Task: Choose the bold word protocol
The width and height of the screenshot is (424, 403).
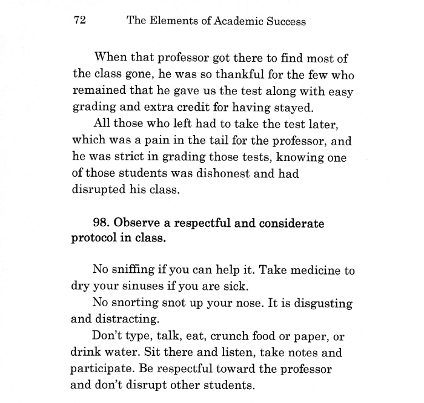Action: (96, 238)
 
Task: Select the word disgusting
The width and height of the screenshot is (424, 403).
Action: (324, 303)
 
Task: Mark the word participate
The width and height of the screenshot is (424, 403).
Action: (102, 368)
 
